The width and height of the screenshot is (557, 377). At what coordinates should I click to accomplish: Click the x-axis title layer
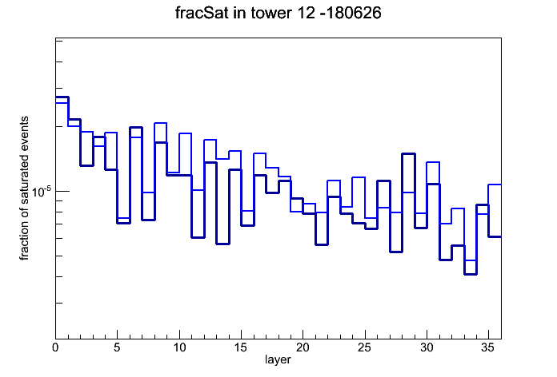tap(278, 360)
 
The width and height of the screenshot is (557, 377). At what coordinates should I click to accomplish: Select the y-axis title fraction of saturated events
tap(24, 188)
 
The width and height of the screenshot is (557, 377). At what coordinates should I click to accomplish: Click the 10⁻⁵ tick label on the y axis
tap(42, 192)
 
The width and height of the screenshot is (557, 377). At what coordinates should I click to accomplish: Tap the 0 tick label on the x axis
tap(55, 347)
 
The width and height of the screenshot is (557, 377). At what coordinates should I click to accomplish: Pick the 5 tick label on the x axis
tap(117, 347)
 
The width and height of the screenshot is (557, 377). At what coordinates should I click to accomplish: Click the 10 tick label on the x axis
tap(179, 347)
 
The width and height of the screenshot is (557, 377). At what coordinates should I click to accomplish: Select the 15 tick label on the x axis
tap(241, 347)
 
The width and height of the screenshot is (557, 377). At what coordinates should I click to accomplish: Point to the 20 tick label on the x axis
tap(303, 347)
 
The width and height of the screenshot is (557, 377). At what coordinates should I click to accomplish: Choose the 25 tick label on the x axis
tap(364, 347)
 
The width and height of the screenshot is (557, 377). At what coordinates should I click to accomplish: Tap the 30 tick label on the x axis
tap(427, 347)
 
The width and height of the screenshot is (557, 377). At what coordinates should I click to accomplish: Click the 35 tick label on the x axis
tap(488, 347)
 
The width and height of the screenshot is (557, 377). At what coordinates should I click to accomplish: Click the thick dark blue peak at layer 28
tap(408, 153)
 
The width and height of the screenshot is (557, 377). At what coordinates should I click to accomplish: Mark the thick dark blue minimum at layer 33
tap(470, 274)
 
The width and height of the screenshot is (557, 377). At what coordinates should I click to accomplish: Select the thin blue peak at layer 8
tap(161, 123)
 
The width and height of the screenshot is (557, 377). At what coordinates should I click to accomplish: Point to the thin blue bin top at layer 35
tap(495, 185)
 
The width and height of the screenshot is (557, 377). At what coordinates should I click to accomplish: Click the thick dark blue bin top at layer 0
tap(62, 97)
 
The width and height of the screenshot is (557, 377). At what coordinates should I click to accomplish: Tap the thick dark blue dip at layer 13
tap(222, 244)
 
